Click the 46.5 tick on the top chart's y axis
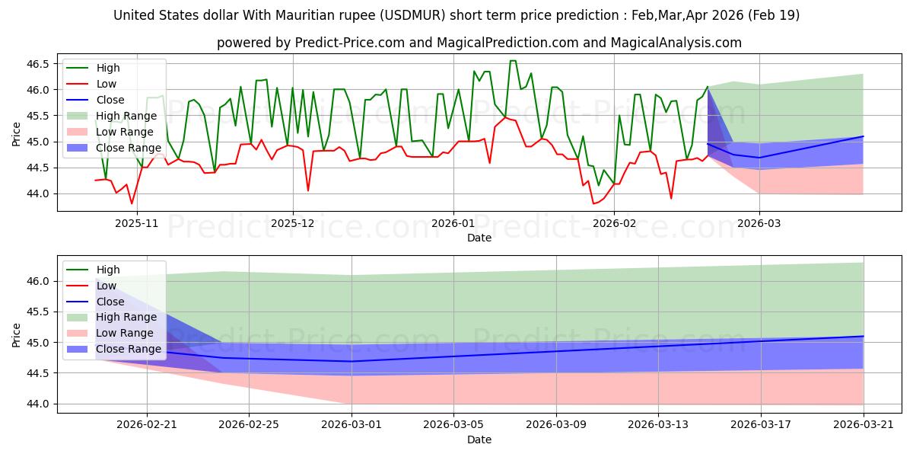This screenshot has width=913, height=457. pos(37,64)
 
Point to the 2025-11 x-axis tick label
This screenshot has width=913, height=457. pos(136,224)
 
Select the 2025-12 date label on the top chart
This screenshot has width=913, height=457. pos(293,224)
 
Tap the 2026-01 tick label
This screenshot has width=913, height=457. pos(453,224)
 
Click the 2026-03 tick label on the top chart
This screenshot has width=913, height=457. pos(759,224)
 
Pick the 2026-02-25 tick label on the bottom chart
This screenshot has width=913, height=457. pos(249,425)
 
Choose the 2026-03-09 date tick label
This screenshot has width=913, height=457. pos(556,425)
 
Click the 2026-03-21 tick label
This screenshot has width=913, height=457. pos(864,425)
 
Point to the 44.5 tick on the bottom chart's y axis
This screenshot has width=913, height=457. pos(37,373)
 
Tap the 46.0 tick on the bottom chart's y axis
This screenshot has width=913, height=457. pos(37,282)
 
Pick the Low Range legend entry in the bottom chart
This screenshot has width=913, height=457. pos(110,333)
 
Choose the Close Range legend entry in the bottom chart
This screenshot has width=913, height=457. pos(113,349)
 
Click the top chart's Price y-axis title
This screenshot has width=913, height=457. pos(16,134)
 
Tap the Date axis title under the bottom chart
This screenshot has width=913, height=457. pos(479,439)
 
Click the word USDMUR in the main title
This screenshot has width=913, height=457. pos(412,15)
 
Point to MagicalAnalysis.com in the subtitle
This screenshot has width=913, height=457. pos(676,43)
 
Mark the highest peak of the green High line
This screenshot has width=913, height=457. pos(513,61)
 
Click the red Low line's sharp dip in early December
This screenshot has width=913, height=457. pos(308,190)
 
